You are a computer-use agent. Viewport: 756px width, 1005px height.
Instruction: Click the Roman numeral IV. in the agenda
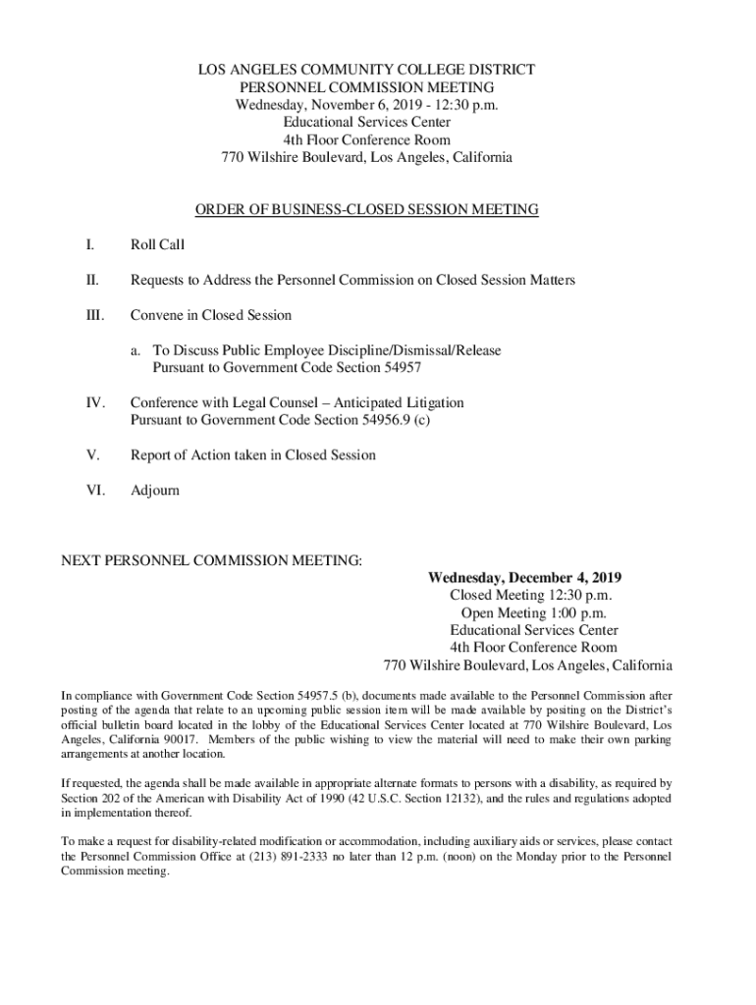95,403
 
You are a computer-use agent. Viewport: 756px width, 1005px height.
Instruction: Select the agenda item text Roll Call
157,244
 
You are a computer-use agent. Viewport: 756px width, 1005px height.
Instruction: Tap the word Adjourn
155,490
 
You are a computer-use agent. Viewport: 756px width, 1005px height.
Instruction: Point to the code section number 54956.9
381,420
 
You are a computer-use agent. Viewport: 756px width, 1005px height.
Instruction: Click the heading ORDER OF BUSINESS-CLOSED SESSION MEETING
366,209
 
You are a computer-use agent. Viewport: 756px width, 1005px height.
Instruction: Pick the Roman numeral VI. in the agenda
95,490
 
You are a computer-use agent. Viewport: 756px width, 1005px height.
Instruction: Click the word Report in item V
152,455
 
